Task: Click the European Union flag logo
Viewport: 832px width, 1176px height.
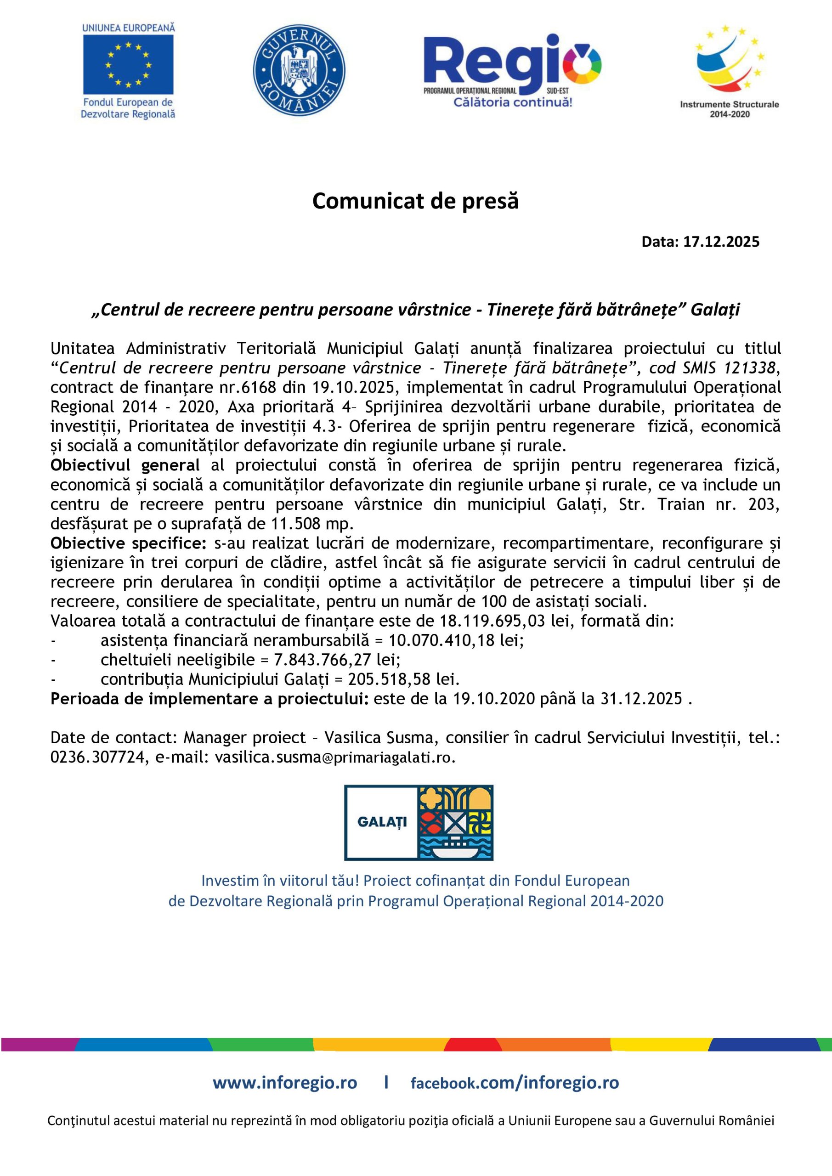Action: (x=128, y=64)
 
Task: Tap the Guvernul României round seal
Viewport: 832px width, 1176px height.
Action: (x=299, y=70)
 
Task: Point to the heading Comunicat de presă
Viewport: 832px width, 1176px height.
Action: (x=415, y=201)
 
